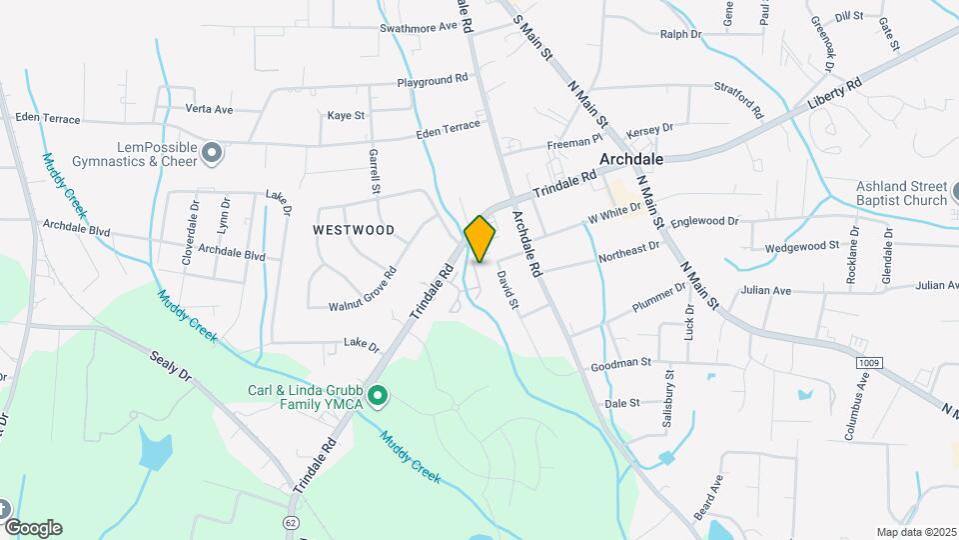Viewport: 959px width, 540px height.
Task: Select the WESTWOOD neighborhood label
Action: tap(354, 230)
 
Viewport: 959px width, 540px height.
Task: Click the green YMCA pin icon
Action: tap(378, 397)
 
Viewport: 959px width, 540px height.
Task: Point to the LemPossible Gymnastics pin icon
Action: tap(211, 153)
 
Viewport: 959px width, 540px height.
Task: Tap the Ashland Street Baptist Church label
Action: tap(901, 193)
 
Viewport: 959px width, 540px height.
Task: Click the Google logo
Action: tap(33, 528)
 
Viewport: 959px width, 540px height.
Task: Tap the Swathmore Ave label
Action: tap(418, 28)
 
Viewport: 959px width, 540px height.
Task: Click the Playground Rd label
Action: tap(433, 80)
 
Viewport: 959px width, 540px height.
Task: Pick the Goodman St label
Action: tap(620, 363)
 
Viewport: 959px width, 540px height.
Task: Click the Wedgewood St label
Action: tap(802, 246)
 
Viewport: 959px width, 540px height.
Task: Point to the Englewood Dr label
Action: tap(705, 221)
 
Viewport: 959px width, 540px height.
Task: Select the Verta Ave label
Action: tap(209, 109)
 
